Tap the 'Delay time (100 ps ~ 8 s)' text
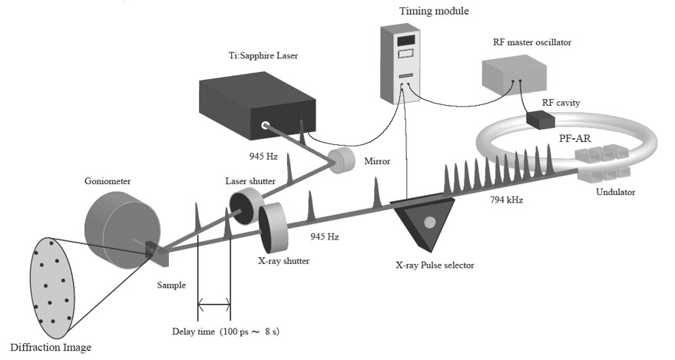pos(230,332)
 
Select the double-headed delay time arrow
pos(214,306)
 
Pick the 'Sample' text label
pos(171,286)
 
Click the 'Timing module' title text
pos(406,10)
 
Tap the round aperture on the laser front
pos(266,124)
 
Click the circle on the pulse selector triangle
pos(429,223)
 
